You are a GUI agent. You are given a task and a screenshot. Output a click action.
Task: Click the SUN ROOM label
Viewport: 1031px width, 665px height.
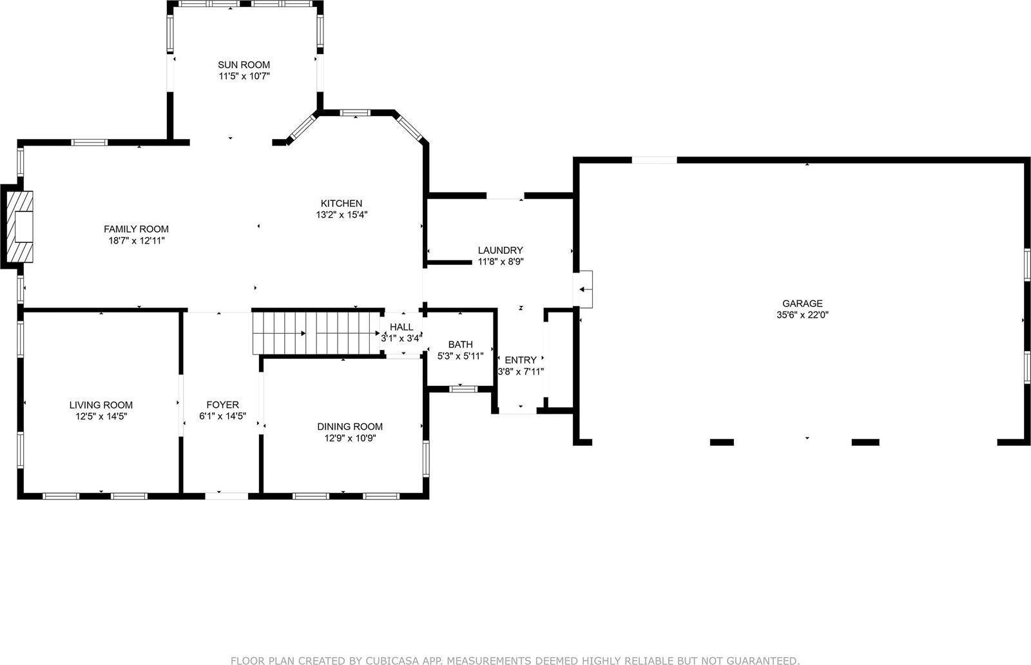pos(244,64)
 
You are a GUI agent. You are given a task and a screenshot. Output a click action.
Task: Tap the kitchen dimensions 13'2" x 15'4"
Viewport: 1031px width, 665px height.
pos(342,215)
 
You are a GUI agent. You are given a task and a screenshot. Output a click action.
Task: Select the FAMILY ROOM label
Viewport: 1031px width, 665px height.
pos(136,229)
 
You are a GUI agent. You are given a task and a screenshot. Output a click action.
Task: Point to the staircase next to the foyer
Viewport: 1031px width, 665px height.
pos(316,333)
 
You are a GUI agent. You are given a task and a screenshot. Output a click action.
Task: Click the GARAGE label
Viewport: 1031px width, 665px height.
pos(802,304)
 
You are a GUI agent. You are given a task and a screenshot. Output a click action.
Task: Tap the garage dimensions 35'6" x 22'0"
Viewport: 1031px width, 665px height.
pos(802,315)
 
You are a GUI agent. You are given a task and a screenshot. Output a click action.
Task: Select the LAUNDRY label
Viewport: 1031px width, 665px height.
pos(500,250)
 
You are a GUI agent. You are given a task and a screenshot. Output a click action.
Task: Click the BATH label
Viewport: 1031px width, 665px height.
pos(460,345)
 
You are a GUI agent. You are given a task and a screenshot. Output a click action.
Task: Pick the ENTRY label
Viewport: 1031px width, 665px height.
pos(520,360)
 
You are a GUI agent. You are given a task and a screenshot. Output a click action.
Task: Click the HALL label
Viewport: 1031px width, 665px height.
pos(401,327)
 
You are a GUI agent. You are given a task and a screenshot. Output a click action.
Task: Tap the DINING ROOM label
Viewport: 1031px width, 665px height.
pos(349,427)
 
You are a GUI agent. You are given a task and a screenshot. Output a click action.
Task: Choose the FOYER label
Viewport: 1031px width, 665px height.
pos(222,405)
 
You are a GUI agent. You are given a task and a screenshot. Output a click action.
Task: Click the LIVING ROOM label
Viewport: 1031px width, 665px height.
pos(101,405)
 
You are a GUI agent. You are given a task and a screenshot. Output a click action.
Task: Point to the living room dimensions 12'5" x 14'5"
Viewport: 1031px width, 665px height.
pos(101,417)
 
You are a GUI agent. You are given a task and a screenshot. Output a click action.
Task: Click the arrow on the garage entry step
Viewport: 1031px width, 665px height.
pos(585,289)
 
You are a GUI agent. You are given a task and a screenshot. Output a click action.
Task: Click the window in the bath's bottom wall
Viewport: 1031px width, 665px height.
pos(463,389)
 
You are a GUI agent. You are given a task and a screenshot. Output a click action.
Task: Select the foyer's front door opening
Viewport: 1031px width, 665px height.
pos(226,496)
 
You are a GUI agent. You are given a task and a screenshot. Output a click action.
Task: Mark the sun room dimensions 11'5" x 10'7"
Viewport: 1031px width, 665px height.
pos(244,76)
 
